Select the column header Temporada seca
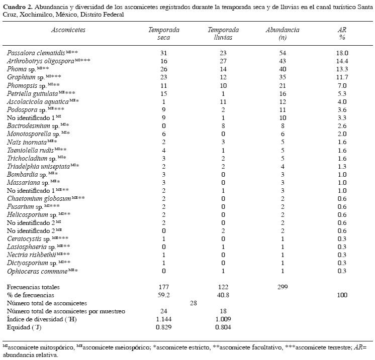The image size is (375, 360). click(164, 34)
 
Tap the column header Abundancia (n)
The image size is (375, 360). click(283, 34)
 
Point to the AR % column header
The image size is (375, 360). click(342, 34)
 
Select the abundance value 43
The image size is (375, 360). click(283, 61)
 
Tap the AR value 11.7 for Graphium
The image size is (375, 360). click(342, 77)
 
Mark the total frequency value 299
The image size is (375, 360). click(283, 287)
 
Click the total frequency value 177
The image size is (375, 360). click(164, 287)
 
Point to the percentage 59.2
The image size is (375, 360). click(164, 295)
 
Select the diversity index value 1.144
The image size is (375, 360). click(164, 319)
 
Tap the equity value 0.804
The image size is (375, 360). click(223, 327)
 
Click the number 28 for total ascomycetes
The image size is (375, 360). click(194, 303)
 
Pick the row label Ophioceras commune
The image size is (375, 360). click(37, 272)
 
